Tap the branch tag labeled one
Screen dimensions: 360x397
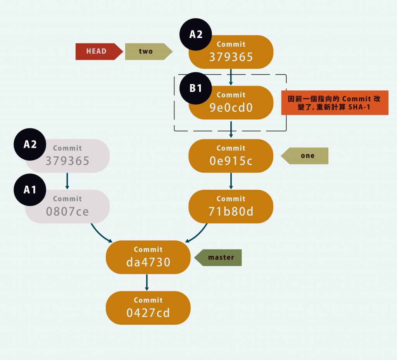306,156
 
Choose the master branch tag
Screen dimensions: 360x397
219,258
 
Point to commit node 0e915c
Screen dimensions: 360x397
231,156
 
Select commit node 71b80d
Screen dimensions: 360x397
231,206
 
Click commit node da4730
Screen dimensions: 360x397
148,257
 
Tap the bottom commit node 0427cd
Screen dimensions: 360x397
148,308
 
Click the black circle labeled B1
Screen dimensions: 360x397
196,88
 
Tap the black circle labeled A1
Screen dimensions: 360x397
30,190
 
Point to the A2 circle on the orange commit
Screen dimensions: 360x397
196,35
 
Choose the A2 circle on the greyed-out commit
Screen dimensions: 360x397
30,144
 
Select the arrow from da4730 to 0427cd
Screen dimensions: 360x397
147,282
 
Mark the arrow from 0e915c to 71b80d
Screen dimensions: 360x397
231,181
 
